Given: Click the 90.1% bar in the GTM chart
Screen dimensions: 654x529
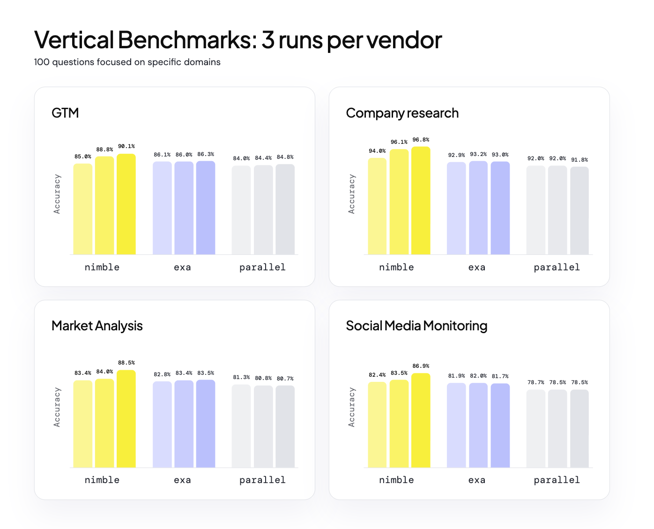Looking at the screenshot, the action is (126, 204).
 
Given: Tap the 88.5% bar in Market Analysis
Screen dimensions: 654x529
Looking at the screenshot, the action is (126, 418).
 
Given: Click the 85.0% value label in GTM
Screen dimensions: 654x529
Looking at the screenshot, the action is (82, 156).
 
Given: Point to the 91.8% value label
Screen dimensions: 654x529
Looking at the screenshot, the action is (579, 160).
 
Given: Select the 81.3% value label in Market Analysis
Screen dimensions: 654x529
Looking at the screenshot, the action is (241, 377).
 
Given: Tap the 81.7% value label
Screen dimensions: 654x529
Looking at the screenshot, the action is (500, 376).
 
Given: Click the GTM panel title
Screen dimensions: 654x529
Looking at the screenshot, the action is (65, 112).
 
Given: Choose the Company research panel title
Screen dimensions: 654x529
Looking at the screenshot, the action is (402, 113).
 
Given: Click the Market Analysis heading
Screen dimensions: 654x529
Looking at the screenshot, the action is (97, 326).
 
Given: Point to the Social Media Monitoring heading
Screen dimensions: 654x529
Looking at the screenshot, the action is (416, 326).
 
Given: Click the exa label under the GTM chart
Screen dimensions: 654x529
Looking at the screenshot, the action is (182, 268).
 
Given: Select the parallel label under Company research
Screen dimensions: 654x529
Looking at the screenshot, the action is (557, 267).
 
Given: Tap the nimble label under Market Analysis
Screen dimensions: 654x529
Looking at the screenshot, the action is (102, 480).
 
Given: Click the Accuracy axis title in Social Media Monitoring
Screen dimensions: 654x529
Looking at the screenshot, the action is (351, 407).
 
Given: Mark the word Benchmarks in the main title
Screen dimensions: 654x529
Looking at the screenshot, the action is (187, 40).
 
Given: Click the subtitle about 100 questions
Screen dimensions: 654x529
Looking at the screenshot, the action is (127, 62).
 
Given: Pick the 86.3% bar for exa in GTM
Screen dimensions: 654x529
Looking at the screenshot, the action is (205, 208).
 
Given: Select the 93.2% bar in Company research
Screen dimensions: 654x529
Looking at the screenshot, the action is (478, 208).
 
